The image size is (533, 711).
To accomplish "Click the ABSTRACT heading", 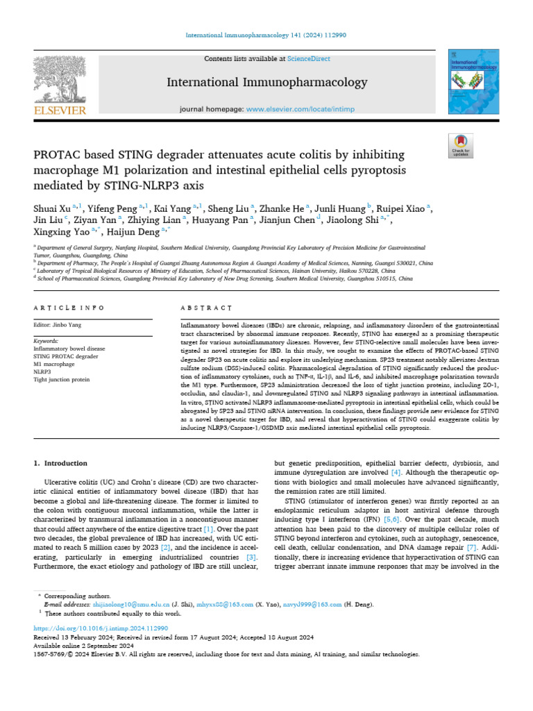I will point(206,308).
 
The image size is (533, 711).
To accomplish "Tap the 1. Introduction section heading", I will point(61,463).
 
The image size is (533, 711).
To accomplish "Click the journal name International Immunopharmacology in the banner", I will point(267,83).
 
